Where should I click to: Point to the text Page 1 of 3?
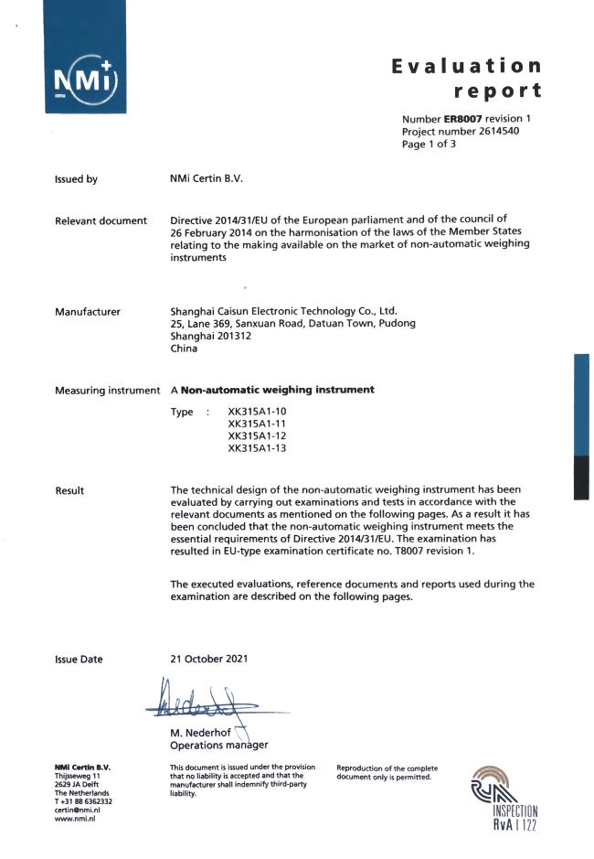429,144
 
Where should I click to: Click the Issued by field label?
77,179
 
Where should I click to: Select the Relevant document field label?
101,220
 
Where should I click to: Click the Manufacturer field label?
88,312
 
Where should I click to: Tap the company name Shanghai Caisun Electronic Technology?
283,311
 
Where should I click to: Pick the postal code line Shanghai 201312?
211,336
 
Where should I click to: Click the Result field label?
69,491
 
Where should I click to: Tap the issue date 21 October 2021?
209,659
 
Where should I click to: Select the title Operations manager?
219,745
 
